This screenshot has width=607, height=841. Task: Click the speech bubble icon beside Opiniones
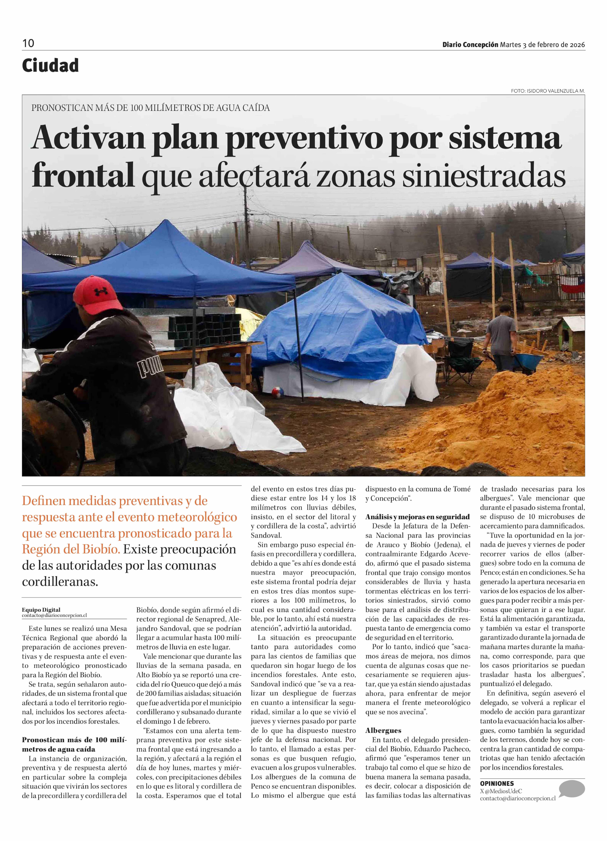pos(571,789)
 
